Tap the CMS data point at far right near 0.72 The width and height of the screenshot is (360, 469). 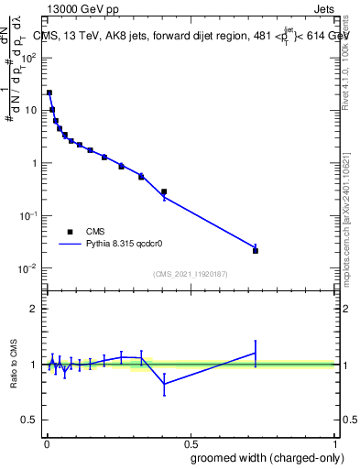(256, 250)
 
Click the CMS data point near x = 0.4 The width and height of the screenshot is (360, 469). (164, 192)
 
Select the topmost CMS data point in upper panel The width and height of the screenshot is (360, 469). (49, 93)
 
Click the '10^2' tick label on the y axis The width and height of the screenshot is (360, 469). (28, 57)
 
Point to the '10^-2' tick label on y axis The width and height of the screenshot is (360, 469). (28, 268)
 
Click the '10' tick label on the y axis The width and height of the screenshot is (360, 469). (30, 110)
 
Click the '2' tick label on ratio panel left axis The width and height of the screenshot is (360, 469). (35, 309)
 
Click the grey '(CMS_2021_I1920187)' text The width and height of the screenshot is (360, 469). (190, 274)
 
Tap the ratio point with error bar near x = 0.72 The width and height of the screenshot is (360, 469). (256, 353)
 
